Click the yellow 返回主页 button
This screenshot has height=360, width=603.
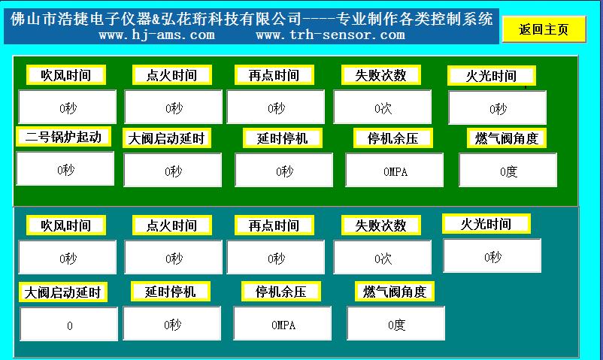coord(544,29)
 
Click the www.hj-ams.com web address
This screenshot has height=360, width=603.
coord(157,35)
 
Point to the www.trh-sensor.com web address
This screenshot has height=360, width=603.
coord(330,35)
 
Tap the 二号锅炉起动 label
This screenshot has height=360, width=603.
coord(63,137)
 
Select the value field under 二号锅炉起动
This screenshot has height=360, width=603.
coord(65,168)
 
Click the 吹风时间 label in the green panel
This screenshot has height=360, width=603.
coord(65,75)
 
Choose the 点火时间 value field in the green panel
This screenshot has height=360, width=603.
coord(174,107)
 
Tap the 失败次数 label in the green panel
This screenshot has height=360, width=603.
coord(380,75)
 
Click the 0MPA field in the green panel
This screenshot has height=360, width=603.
coord(395,170)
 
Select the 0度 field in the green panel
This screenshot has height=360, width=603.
coord(508,170)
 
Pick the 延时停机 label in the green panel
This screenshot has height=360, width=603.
coord(282,138)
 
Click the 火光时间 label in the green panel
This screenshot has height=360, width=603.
coord(491,76)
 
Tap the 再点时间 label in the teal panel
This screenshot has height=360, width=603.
coord(274,225)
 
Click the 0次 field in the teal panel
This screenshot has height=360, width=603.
coord(383,257)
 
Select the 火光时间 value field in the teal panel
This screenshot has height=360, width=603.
coord(492,256)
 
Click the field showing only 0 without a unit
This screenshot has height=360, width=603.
coord(69,324)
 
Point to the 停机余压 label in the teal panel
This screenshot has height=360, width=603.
coord(280,291)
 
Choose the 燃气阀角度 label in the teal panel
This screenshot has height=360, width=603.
coord(395,291)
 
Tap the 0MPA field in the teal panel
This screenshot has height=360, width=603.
coord(282,323)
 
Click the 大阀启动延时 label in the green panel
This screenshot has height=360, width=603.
coord(166,138)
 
